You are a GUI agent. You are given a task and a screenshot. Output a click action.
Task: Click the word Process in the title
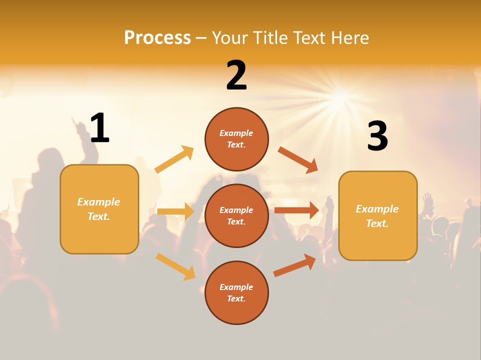pos(157,37)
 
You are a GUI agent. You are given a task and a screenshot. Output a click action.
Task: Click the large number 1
pos(100,128)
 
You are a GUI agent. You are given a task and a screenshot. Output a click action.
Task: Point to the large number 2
pos(236,75)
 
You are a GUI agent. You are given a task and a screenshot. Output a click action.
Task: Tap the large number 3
pos(377,136)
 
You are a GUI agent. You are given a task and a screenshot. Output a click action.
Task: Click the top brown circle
pos(236,139)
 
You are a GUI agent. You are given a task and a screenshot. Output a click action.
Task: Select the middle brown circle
pos(236,215)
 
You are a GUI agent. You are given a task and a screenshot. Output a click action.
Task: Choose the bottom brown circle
pos(236,292)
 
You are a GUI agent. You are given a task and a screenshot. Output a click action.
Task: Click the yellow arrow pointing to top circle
pos(174,159)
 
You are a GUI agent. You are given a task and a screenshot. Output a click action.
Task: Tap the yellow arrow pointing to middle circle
pos(175,211)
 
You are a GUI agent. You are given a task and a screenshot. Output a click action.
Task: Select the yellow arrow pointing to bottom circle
pos(176,266)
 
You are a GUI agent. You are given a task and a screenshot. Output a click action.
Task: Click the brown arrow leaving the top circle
pos(298,160)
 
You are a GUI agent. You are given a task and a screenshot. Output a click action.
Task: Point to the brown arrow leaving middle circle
pos(297,210)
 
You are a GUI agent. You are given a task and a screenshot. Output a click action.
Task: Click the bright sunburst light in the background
pos(341,94)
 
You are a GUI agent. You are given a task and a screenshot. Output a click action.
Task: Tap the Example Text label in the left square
pos(99,209)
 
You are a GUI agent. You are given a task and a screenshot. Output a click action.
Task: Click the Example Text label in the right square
pos(377,216)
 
